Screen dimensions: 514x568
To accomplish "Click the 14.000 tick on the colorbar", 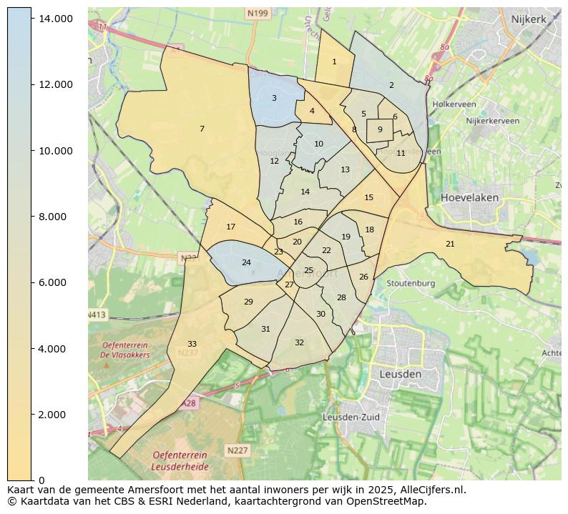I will click(54, 19).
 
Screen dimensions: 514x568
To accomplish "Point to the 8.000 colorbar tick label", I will click(54, 217).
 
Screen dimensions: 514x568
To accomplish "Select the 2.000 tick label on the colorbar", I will click(54, 415).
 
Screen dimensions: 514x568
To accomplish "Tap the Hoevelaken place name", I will click(470, 197).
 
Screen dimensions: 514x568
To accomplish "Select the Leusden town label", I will click(401, 375).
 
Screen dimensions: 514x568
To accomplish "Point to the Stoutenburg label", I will click(411, 283).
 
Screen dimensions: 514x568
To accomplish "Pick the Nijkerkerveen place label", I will click(492, 121).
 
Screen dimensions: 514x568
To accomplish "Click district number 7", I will click(202, 129).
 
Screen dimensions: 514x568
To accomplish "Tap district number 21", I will click(450, 244).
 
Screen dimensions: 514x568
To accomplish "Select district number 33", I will click(192, 345).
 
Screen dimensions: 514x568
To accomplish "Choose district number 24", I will click(246, 263).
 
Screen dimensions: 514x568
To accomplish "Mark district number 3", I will click(274, 99).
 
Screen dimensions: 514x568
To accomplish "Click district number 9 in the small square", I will click(380, 129).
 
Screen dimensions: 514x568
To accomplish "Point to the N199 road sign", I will click(258, 13).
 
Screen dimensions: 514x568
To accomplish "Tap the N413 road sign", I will click(97, 315).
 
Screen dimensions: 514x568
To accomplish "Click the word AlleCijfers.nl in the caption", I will click(429, 490).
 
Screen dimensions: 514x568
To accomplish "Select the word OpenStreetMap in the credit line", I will click(393, 501).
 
